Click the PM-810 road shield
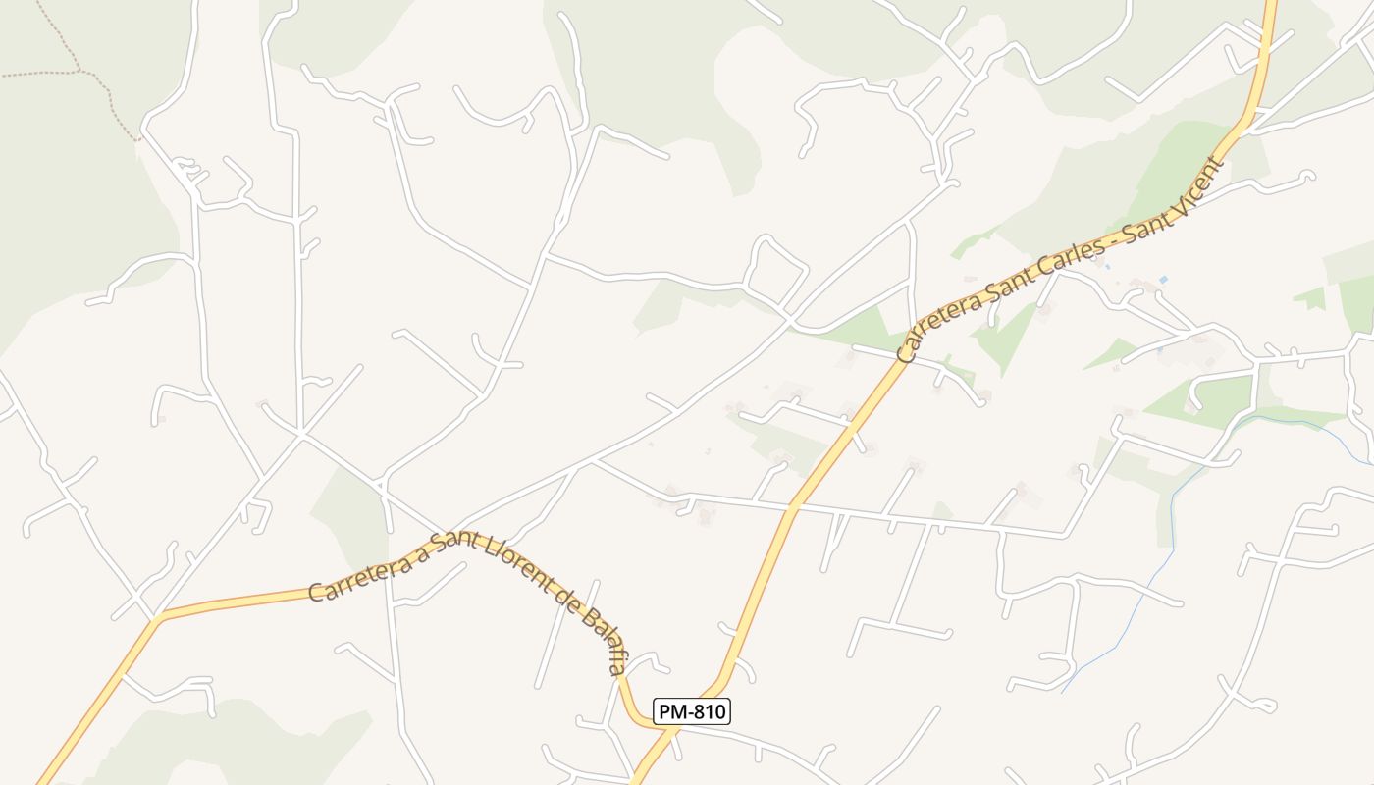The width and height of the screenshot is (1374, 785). tap(692, 711)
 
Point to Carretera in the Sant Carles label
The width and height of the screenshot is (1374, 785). tap(934, 323)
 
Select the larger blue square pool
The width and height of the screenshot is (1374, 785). tap(1163, 281)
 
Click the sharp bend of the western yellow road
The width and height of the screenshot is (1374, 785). tap(157, 617)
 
